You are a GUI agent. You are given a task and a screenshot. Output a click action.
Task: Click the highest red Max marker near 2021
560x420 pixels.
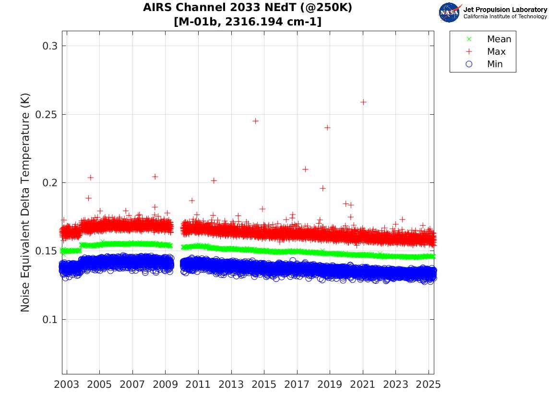363,102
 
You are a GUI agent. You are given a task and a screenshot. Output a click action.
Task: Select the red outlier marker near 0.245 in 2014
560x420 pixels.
256,121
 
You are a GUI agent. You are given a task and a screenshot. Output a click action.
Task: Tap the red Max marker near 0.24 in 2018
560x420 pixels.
327,128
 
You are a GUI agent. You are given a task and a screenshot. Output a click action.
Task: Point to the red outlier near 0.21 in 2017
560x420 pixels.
305,169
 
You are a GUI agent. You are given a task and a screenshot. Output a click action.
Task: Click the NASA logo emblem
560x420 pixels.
449,12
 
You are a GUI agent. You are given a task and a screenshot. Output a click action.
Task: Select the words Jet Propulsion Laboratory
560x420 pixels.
505,10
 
